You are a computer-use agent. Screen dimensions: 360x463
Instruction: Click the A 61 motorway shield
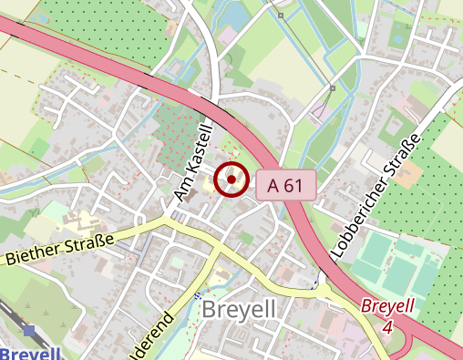(x=286, y=185)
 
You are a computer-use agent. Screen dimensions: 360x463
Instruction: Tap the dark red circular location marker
(x=232, y=180)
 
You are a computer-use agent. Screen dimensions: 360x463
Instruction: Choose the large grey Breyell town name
(x=239, y=310)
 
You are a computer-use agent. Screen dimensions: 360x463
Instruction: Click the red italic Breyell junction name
(x=388, y=306)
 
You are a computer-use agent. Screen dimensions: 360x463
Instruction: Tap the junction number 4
(x=388, y=325)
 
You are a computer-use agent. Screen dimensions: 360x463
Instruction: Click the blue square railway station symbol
(x=30, y=332)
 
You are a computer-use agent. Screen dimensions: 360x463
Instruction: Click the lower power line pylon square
(x=334, y=88)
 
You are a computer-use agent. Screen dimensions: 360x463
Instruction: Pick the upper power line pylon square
(x=282, y=15)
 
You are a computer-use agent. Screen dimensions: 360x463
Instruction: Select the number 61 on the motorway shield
(x=293, y=185)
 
